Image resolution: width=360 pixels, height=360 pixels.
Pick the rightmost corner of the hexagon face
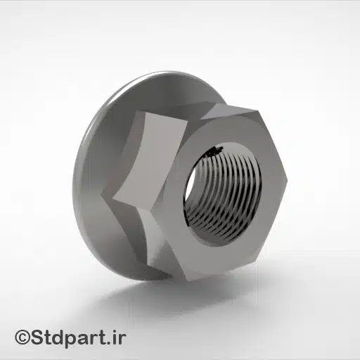[x=287, y=171]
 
